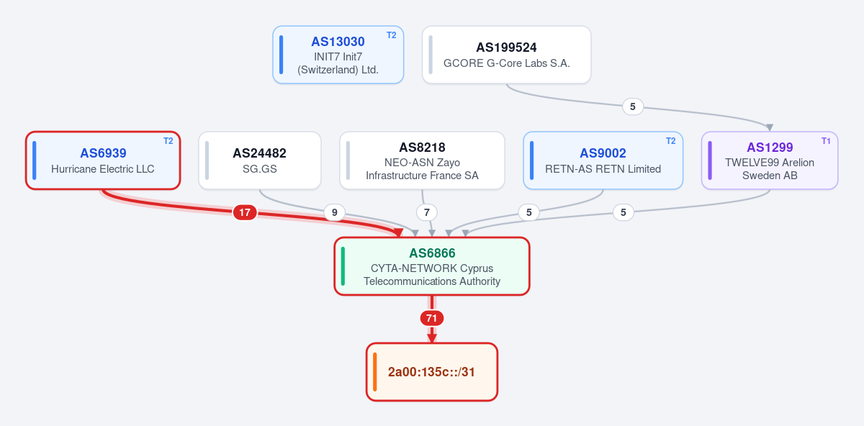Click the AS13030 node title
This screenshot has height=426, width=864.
point(338,42)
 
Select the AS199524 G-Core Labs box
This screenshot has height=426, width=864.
point(506,55)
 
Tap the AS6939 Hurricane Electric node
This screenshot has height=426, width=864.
point(103,160)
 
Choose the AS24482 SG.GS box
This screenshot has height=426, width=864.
point(260,160)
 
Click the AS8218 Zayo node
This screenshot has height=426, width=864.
point(422,160)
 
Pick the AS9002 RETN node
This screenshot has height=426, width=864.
point(603,160)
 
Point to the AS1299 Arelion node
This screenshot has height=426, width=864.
point(770,160)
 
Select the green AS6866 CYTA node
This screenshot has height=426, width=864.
point(432,266)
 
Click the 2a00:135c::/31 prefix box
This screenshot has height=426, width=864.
point(432,372)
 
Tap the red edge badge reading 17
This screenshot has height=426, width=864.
point(245,212)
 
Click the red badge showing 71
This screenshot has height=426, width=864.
point(431,318)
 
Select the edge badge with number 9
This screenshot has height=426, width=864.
point(334,212)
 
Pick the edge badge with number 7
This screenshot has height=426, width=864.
point(426,212)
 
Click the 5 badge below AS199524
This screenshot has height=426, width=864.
point(633,106)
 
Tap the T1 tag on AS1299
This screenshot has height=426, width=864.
point(826,141)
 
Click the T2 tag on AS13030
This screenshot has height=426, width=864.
point(392,35)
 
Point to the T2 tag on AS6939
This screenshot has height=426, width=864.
point(168,141)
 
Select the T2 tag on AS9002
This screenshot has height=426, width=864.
point(671,141)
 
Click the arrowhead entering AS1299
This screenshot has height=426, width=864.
point(770,127)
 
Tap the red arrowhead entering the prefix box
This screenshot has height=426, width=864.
point(432,338)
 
